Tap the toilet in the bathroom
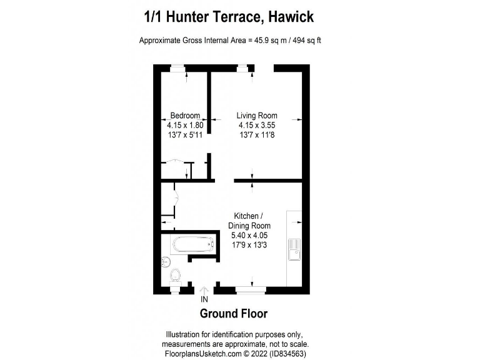point(175,275)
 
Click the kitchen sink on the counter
point(293,249)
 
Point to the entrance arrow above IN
point(204,291)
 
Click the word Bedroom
point(185,116)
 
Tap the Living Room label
point(256,116)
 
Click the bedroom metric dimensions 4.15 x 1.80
point(185,125)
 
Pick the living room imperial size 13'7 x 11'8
point(256,134)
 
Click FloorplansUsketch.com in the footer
point(201,353)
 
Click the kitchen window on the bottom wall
point(252,291)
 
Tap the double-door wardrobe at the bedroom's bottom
point(175,164)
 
